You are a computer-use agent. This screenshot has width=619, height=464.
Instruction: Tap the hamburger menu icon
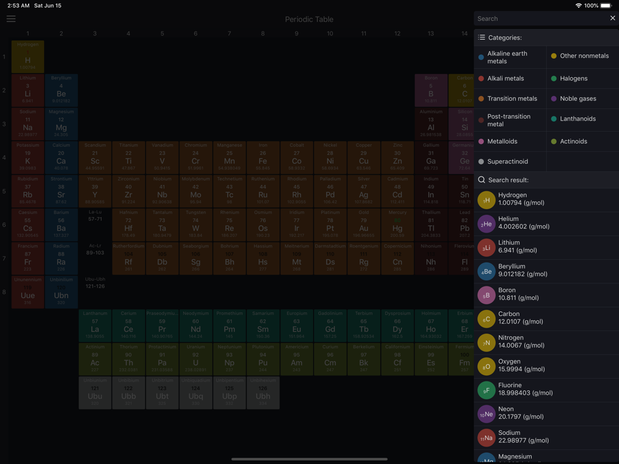click(11, 19)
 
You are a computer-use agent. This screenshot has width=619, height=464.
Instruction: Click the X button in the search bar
click(612, 19)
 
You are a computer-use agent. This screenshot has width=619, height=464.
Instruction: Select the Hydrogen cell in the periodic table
click(28, 57)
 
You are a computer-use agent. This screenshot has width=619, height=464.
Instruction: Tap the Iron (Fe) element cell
click(263, 158)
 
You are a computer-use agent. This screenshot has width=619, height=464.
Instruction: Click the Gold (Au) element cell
click(363, 225)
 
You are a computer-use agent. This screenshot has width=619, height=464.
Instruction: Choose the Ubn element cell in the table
click(61, 292)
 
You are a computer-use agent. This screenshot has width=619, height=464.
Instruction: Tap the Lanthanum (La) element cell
click(95, 325)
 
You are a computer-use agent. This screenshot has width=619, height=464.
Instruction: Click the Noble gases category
click(578, 98)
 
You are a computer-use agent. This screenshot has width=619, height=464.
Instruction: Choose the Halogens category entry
click(573, 79)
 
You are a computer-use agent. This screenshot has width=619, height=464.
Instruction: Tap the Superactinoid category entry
click(507, 161)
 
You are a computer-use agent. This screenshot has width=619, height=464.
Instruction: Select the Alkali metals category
click(505, 79)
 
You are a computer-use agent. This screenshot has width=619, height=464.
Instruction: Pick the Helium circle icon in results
click(487, 223)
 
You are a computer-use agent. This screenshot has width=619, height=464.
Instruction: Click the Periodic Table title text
click(309, 19)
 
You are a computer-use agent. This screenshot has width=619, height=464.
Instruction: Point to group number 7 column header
click(229, 33)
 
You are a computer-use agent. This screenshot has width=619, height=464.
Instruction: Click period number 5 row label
click(4, 191)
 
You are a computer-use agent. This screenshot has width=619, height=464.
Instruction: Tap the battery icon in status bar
click(606, 6)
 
